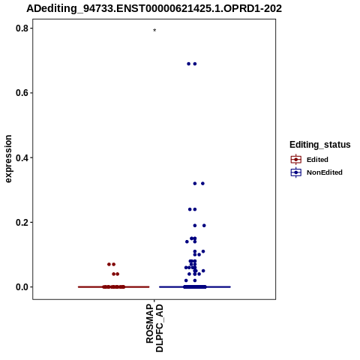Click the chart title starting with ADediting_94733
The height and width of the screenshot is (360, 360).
pos(154,9)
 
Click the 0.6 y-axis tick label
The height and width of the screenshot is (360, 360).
pos(22,93)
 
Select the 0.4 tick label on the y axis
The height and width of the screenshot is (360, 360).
pos(22,157)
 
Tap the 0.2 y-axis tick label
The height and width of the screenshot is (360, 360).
pos(22,222)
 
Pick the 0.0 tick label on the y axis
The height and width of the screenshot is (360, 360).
pos(22,287)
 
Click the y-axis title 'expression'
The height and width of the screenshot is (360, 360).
pos(8,159)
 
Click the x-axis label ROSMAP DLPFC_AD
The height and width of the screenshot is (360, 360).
pos(154,328)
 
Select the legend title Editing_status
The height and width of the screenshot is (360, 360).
pos(320,145)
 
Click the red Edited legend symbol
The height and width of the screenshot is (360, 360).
pos(296,160)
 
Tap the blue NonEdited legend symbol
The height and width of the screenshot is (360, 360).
pos(296,172)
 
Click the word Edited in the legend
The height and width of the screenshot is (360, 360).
pos(317,160)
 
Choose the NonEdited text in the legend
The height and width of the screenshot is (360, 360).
pos(325,172)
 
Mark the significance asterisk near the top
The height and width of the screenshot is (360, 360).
pos(154,30)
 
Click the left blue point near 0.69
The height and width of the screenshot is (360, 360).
pos(189,64)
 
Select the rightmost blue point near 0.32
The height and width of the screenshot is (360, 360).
pos(202,184)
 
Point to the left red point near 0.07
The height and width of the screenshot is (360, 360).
pos(109,264)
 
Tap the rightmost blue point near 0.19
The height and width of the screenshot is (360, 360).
pos(204,226)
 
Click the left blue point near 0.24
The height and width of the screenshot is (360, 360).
pos(190,209)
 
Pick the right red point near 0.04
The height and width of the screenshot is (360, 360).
pos(118,274)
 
